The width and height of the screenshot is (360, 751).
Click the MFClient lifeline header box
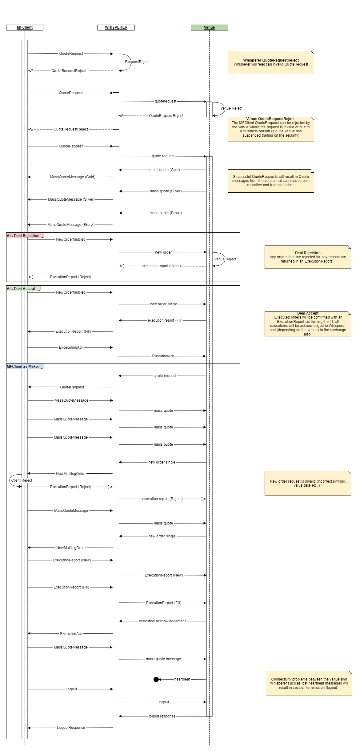click(x=25, y=27)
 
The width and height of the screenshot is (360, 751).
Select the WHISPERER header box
click(x=116, y=27)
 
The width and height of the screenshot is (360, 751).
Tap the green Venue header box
click(x=209, y=27)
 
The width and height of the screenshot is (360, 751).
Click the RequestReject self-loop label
click(x=137, y=62)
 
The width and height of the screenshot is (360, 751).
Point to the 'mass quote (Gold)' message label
click(x=165, y=170)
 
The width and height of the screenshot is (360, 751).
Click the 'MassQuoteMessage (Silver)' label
click(x=71, y=199)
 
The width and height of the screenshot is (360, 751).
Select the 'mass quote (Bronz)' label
click(x=166, y=213)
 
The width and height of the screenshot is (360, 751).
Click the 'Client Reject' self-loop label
click(x=22, y=480)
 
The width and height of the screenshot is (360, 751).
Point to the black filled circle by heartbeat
click(x=156, y=679)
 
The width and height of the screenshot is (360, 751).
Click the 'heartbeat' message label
click(x=182, y=679)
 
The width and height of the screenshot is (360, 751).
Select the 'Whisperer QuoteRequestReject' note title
click(x=271, y=60)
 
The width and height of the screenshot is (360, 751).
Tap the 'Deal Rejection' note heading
click(x=308, y=253)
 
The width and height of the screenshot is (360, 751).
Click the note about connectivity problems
click(x=309, y=683)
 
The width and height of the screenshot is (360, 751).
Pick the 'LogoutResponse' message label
click(x=71, y=728)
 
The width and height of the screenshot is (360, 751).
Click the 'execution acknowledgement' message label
click(x=162, y=621)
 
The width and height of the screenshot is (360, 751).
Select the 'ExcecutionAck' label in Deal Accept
click(x=71, y=347)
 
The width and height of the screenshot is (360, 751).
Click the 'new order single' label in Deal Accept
click(x=163, y=304)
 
